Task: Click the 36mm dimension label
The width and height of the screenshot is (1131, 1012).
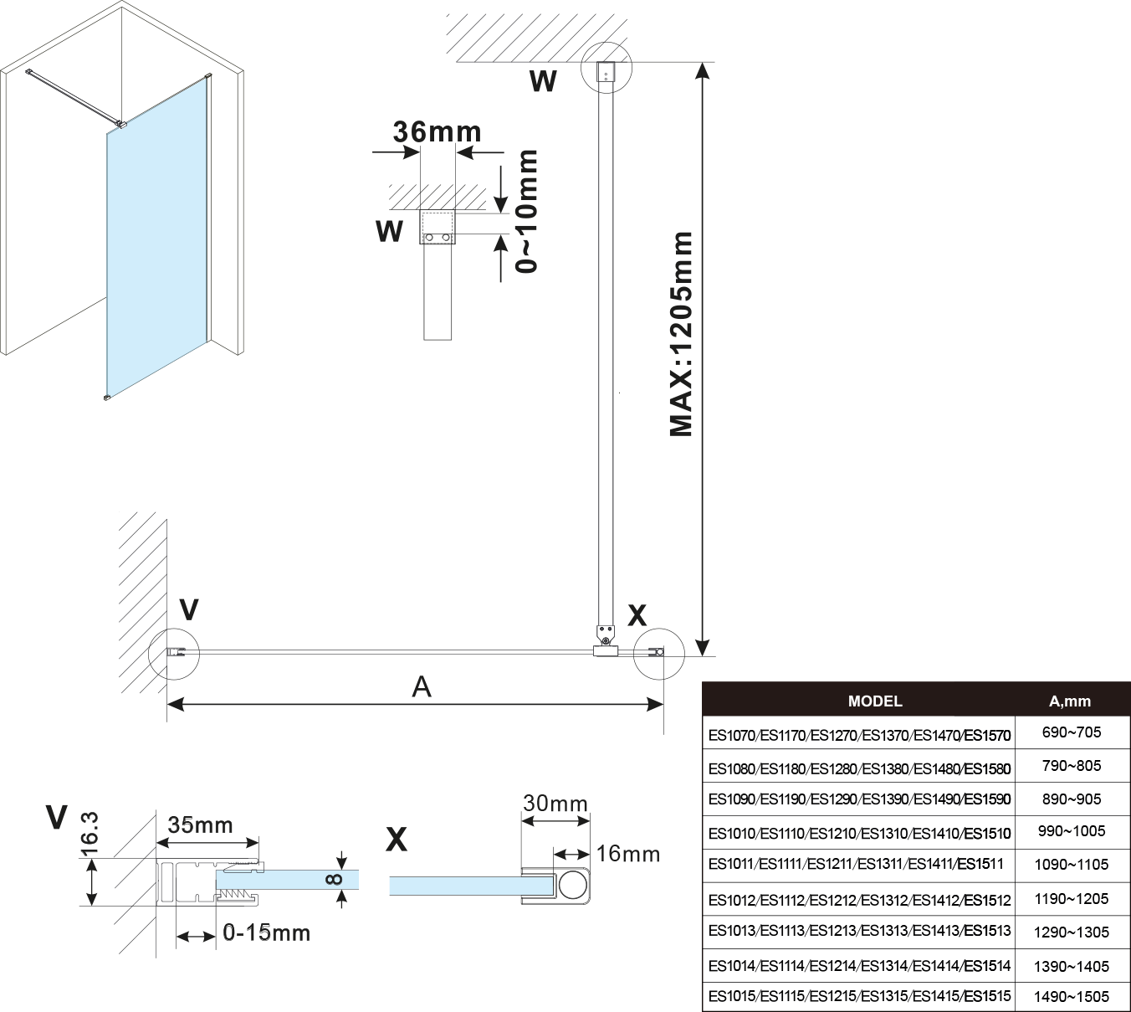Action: click(x=437, y=131)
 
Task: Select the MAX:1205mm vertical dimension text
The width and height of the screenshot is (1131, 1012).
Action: click(x=682, y=334)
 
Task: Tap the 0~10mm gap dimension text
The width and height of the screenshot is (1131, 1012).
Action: click(x=526, y=211)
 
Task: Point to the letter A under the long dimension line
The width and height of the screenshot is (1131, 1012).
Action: click(x=422, y=687)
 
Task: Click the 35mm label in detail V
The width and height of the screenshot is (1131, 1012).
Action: click(x=200, y=824)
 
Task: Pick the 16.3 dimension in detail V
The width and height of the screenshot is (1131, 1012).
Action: click(x=90, y=833)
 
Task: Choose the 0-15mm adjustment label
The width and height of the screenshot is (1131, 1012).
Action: click(x=266, y=932)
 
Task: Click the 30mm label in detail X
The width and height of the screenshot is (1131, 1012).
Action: click(x=555, y=804)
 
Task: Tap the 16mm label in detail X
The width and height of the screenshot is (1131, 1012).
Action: click(x=627, y=854)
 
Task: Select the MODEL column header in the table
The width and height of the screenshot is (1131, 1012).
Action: click(x=875, y=701)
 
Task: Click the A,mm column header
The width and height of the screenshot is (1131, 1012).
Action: click(x=1070, y=701)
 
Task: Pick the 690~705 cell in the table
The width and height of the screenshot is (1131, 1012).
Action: click(x=1071, y=732)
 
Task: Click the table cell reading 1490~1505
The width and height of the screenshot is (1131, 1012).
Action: click(x=1071, y=996)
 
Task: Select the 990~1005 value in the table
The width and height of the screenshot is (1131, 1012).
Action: click(x=1071, y=831)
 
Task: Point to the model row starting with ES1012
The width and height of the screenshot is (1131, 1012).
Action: click(x=859, y=901)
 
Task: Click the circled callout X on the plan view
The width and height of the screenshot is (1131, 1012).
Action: click(x=659, y=652)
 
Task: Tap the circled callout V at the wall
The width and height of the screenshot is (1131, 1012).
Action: click(x=174, y=653)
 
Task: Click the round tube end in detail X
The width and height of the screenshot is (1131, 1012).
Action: click(x=573, y=885)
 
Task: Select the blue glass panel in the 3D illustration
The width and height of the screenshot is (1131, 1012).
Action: click(x=157, y=243)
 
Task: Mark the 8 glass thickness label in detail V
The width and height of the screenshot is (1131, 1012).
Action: click(x=333, y=880)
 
